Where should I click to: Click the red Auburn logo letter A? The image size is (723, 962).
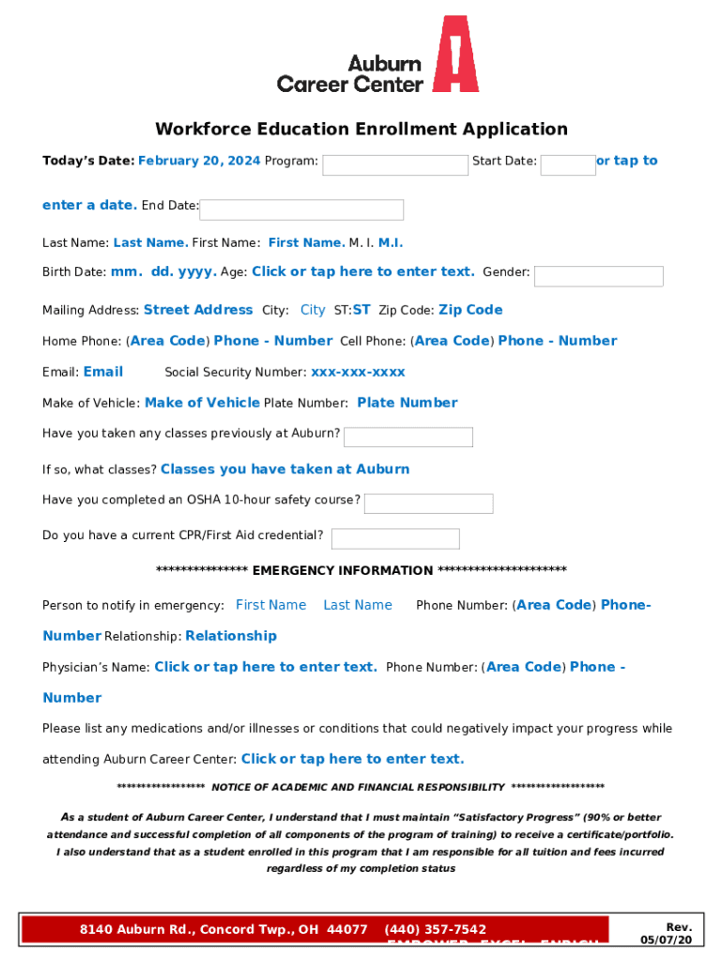pyautogui.click(x=455, y=54)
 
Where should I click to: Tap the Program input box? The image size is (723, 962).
pyautogui.click(x=394, y=165)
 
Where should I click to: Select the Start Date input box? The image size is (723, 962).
pyautogui.click(x=568, y=165)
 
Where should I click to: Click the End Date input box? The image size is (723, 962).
pyautogui.click(x=301, y=209)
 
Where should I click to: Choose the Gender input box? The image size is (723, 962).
pyautogui.click(x=598, y=276)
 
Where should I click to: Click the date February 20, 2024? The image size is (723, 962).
pyautogui.click(x=199, y=161)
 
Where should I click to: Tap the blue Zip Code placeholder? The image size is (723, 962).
pyautogui.click(x=470, y=310)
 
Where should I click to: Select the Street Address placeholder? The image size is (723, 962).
pyautogui.click(x=198, y=310)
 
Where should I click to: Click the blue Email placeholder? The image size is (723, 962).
pyautogui.click(x=103, y=372)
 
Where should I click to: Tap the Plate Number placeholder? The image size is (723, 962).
pyautogui.click(x=408, y=403)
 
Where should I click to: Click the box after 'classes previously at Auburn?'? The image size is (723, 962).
pyautogui.click(x=408, y=437)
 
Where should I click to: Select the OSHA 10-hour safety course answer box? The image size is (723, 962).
pyautogui.click(x=428, y=504)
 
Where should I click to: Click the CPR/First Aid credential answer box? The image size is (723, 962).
pyautogui.click(x=395, y=538)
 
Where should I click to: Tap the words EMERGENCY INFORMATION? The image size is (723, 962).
pyautogui.click(x=343, y=570)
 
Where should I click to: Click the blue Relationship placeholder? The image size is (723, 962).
pyautogui.click(x=231, y=636)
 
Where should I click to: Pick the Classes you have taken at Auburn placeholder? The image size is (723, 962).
pyautogui.click(x=285, y=469)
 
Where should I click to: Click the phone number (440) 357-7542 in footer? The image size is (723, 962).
pyautogui.click(x=436, y=929)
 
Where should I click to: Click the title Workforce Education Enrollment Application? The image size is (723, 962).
pyautogui.click(x=361, y=130)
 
